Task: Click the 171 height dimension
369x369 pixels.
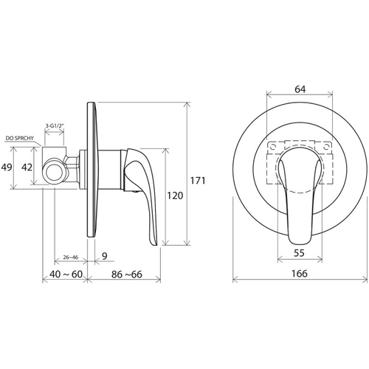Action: click(198, 181)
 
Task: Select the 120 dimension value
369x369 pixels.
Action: click(175, 196)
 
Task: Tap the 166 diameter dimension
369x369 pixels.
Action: click(300, 273)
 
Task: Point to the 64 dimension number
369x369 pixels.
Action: click(300, 89)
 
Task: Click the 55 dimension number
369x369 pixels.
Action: click(299, 253)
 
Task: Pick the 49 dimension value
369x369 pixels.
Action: click(7, 168)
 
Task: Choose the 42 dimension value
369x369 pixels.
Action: click(27, 168)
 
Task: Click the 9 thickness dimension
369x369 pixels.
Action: click(105, 256)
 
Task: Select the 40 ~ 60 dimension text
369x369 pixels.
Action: click(66, 274)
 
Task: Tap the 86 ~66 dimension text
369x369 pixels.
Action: click(127, 274)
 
